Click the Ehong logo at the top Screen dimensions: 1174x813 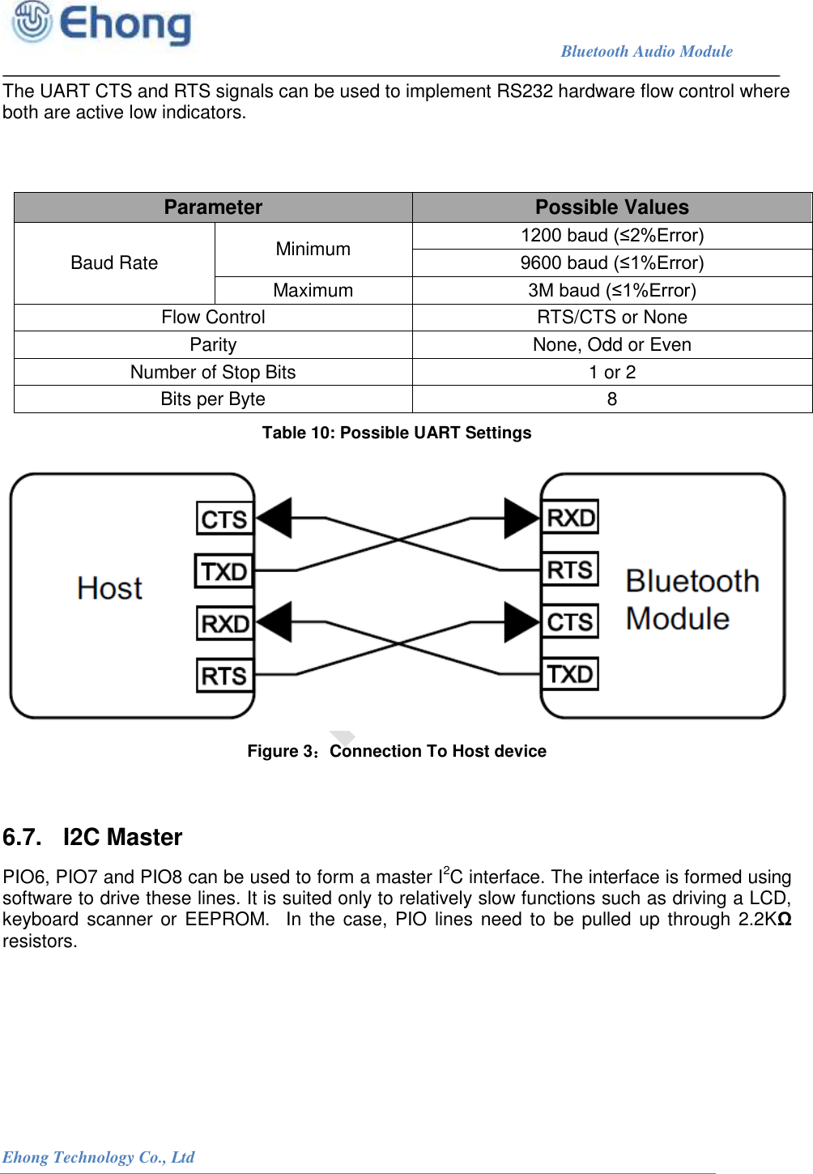point(101,23)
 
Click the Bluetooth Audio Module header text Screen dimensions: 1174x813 point(646,51)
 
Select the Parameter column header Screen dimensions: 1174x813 point(213,207)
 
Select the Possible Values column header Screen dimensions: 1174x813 point(611,207)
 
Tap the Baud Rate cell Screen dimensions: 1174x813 point(114,263)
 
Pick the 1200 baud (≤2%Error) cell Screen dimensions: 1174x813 point(611,235)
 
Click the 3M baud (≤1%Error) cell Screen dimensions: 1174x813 point(611,290)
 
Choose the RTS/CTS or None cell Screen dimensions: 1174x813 point(611,317)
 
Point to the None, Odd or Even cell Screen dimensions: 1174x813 point(611,344)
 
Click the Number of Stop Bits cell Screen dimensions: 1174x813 point(213,372)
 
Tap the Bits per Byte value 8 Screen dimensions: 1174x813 point(611,399)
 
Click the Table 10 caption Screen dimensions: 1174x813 point(396,433)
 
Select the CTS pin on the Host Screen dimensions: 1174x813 point(224,519)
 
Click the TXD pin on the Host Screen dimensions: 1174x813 point(223,571)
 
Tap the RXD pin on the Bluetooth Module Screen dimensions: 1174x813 point(570,517)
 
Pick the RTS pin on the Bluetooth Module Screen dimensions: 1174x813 point(570,570)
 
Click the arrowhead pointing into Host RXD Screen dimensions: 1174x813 point(275,622)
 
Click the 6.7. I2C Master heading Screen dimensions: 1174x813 point(92,837)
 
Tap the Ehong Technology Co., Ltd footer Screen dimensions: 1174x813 point(98,1157)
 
